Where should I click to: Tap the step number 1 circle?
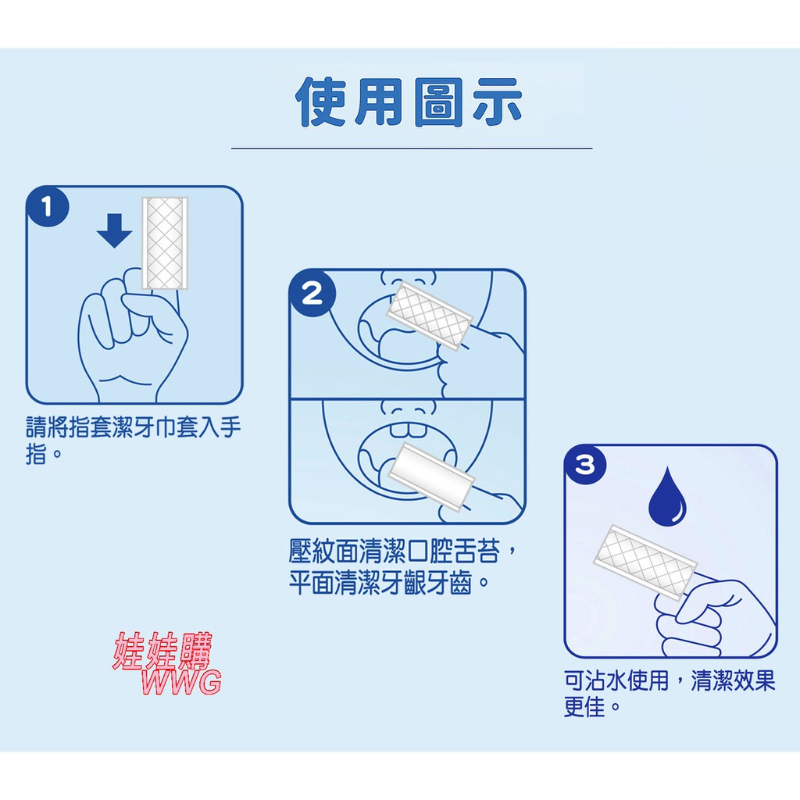48,206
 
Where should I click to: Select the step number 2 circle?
312,294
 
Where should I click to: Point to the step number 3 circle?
585,465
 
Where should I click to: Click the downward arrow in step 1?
114,230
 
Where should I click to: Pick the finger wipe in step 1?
165,243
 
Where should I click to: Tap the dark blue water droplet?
667,496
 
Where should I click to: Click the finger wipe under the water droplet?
645,562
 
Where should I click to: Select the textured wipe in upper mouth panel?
429,316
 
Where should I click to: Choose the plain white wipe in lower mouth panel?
431,476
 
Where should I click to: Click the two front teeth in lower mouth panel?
408,429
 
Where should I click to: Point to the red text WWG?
181,682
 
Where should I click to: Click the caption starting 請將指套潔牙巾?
133,440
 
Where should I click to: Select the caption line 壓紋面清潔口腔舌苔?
403,551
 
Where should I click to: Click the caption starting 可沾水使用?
670,694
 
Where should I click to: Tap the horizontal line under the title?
412,148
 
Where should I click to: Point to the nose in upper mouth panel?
409,279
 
